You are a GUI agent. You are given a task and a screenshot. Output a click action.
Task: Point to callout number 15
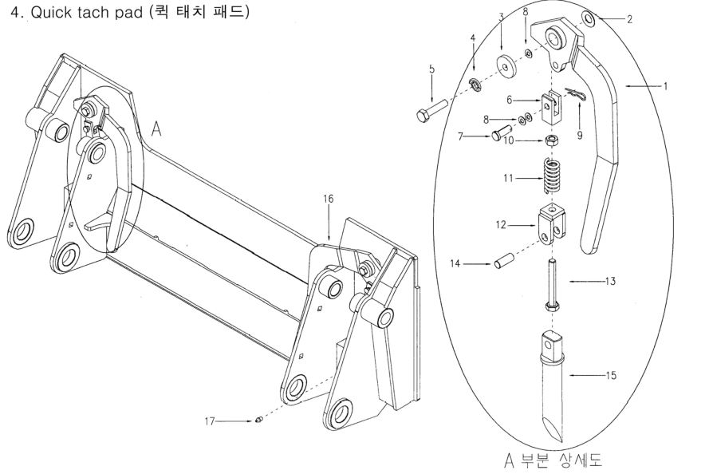click(x=609, y=374)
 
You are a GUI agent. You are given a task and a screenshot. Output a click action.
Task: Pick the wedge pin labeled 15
click(x=553, y=386)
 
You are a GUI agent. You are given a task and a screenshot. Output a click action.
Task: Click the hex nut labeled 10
click(x=550, y=140)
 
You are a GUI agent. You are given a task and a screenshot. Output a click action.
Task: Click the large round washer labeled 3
click(x=503, y=65)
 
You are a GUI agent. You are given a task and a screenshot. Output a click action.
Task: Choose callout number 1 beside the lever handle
click(x=665, y=85)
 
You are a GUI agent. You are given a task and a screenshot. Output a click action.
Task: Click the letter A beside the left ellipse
click(x=156, y=129)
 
